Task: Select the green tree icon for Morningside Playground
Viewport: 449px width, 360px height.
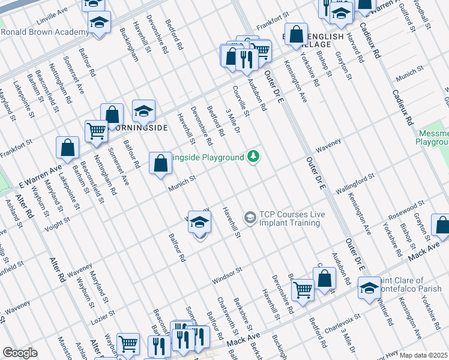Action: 254,157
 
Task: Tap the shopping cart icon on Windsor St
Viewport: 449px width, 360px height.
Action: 303,290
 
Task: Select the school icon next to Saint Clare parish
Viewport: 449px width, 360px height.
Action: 369,287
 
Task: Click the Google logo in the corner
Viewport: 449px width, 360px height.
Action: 20,353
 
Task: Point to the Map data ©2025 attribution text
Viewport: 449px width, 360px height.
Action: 423,355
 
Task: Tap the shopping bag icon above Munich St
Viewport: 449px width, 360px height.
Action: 160,163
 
